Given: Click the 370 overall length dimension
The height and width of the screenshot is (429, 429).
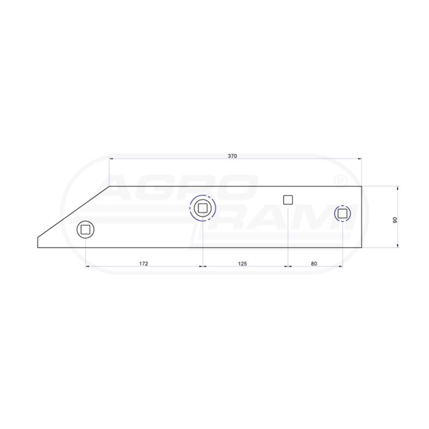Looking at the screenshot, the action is pos(232,156).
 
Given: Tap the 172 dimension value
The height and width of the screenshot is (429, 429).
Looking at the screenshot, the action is pos(143,264).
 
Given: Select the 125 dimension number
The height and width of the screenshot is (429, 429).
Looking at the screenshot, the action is pos(243,264).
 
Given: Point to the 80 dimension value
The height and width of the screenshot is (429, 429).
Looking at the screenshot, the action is pos(314,264).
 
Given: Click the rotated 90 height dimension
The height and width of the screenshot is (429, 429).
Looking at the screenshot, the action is pos(395,219).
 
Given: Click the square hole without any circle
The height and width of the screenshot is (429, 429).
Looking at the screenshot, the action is pos(288,200).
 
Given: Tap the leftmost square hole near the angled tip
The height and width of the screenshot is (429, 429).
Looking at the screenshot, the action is pos(85,230).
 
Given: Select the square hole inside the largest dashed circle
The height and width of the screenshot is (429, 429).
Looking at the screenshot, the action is pos(202,208).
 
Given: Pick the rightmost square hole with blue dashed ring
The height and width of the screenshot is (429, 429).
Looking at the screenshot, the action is pos(342,213).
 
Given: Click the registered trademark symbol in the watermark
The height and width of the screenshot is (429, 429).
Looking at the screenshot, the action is pos(341,181).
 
